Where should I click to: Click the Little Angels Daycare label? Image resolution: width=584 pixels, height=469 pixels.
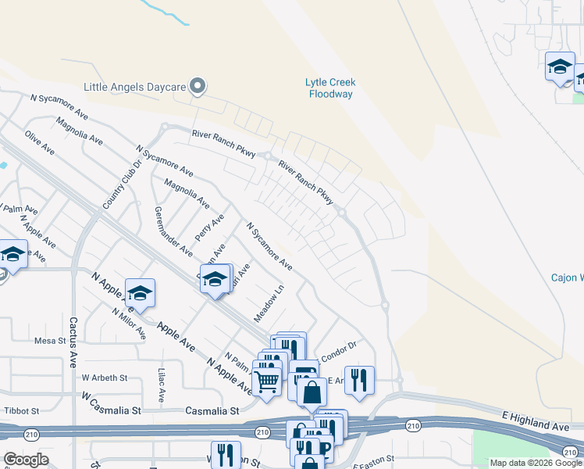click(x=137, y=86)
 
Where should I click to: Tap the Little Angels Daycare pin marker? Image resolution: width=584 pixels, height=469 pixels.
click(x=198, y=86)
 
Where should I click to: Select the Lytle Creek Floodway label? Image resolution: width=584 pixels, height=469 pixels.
click(x=329, y=88)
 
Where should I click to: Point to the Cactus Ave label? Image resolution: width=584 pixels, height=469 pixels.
click(x=73, y=342)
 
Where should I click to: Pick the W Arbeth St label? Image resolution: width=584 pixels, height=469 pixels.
click(x=104, y=378)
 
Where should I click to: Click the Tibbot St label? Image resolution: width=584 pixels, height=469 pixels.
click(x=21, y=410)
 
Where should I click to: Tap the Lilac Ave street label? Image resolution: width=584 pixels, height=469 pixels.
click(x=162, y=385)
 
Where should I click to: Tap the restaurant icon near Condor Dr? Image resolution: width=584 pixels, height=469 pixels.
click(x=359, y=380)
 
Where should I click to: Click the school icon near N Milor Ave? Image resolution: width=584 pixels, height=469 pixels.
click(x=140, y=293)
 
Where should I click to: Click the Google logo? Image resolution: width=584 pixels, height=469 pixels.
click(x=26, y=460)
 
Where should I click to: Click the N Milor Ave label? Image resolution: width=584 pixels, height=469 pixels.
click(x=130, y=323)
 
